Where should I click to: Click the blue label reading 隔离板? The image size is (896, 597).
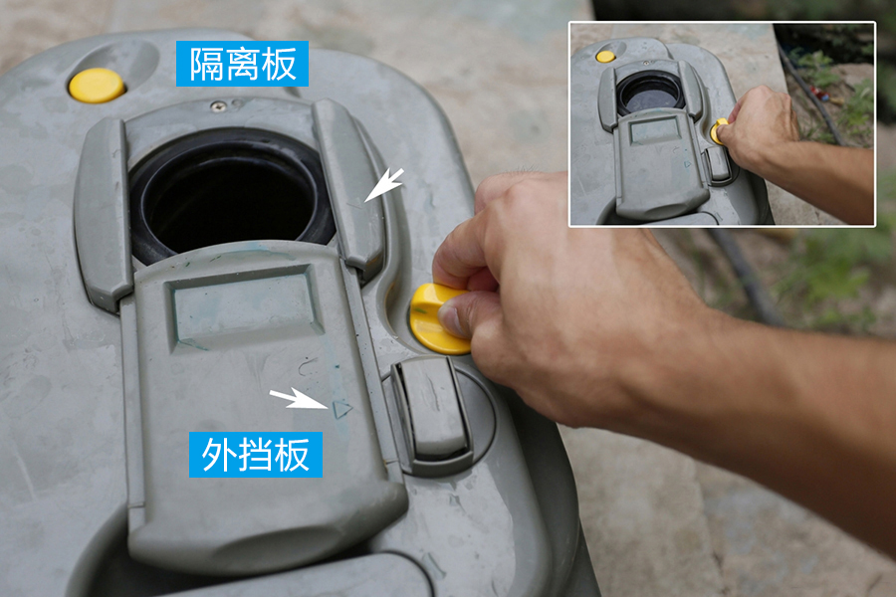[242, 65]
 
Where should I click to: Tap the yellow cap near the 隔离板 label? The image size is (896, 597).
[97, 86]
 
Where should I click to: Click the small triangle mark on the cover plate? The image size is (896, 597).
[341, 408]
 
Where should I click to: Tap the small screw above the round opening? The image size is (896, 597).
[217, 105]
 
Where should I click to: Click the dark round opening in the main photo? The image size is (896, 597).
[231, 194]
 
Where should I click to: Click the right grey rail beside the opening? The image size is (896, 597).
[349, 184]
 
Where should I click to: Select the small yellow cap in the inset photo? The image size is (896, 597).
[605, 56]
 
